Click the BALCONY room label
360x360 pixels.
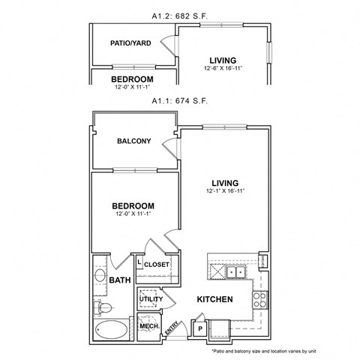point(134,141)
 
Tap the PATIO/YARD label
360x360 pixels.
point(130,43)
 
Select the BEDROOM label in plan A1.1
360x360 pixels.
point(133,206)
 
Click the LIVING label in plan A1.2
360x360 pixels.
point(224,60)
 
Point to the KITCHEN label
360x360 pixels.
point(214,300)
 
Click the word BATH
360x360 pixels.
point(120,280)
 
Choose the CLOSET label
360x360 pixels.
point(157,265)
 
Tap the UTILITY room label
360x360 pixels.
point(151,299)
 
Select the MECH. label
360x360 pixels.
point(148,326)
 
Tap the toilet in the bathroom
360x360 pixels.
point(103,306)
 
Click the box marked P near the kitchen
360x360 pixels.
point(200,327)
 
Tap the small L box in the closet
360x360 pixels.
point(139,261)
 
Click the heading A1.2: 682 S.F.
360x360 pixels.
point(180,13)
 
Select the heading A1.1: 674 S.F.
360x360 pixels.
point(180,100)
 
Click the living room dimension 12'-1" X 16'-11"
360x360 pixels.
point(225,191)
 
